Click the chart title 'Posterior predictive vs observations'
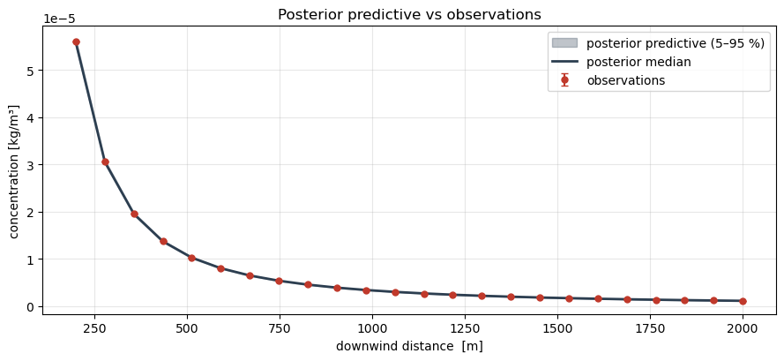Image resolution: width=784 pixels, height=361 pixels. pyautogui.click(x=409, y=14)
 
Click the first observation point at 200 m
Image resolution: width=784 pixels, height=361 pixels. pyautogui.click(x=76, y=41)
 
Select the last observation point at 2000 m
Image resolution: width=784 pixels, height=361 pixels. pyautogui.click(x=743, y=301)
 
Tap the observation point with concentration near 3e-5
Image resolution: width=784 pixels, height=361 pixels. pyautogui.click(x=105, y=162)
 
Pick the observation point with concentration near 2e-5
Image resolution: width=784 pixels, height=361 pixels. pyautogui.click(x=134, y=214)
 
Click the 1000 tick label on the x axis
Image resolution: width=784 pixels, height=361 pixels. pyautogui.click(x=372, y=328)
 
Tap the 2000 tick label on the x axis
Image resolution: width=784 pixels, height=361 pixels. pyautogui.click(x=743, y=328)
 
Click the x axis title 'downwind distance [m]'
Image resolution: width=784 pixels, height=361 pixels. pyautogui.click(x=409, y=346)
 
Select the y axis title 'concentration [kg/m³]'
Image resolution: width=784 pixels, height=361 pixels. pyautogui.click(x=14, y=171)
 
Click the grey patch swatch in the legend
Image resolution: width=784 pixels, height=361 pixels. pyautogui.click(x=564, y=43)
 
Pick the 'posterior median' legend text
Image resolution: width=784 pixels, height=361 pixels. pyautogui.click(x=638, y=62)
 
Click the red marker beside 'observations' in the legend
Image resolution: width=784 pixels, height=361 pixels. pyautogui.click(x=564, y=80)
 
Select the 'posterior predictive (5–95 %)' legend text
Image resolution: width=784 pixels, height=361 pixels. pyautogui.click(x=676, y=43)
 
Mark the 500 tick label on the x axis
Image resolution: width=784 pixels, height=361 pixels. pyautogui.click(x=187, y=328)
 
